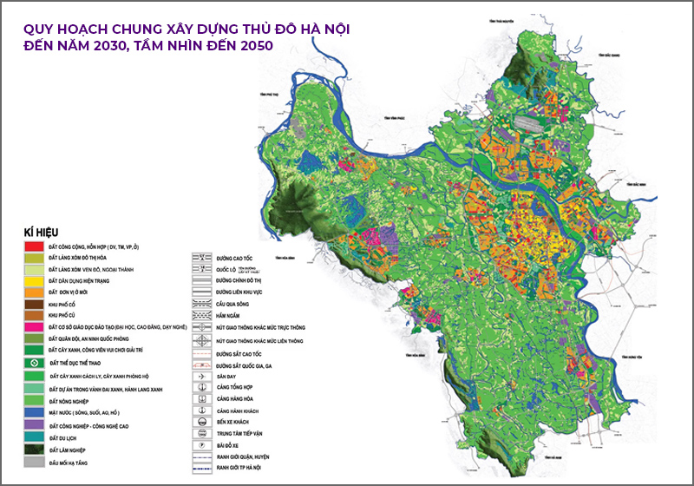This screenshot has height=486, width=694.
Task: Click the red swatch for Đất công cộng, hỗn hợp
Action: click(x=35, y=247)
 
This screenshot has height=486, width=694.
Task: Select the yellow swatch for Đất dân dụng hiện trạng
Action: click(x=35, y=281)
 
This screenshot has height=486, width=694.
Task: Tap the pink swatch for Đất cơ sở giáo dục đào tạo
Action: click(x=35, y=326)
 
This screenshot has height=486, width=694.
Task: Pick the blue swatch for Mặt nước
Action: click(x=35, y=413)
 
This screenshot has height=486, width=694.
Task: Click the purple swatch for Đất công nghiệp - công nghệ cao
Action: click(x=35, y=424)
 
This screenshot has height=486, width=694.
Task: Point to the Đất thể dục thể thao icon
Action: click(x=35, y=361)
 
